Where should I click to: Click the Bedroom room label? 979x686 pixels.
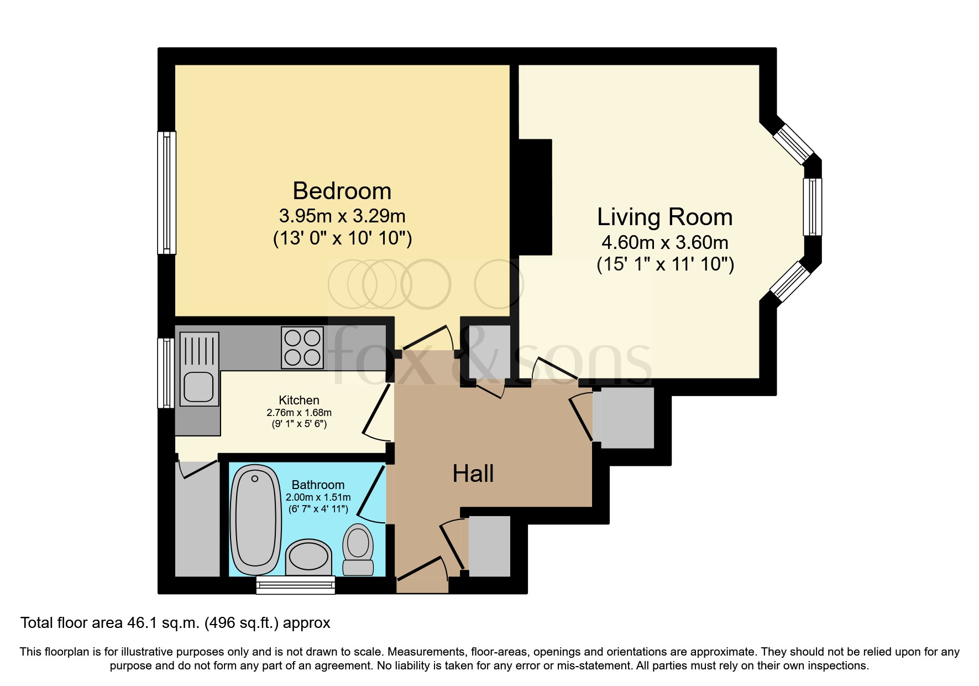[342, 191]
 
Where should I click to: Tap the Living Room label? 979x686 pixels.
[665, 217]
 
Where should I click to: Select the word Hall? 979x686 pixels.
[473, 474]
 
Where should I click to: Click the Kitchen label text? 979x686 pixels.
[299, 400]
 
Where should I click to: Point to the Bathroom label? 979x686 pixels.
[318, 485]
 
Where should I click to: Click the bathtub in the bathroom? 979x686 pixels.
[255, 520]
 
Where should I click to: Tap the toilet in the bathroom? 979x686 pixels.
[358, 550]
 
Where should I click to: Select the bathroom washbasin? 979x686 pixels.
[309, 557]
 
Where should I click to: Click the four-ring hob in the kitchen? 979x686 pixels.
[302, 348]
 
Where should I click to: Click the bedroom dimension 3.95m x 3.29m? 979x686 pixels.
[342, 215]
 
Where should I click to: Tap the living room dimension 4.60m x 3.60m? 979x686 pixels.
[665, 242]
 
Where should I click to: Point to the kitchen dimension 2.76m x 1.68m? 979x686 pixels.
[299, 413]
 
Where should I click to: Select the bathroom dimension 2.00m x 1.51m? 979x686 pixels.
[318, 497]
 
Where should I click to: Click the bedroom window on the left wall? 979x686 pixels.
[167, 193]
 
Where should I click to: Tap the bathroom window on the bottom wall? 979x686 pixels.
[296, 585]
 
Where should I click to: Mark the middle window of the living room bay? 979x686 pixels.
[813, 207]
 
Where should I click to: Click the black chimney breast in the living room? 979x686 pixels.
[535, 197]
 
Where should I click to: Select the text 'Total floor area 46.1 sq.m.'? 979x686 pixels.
[109, 623]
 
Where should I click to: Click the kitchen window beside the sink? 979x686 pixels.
[166, 373]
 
